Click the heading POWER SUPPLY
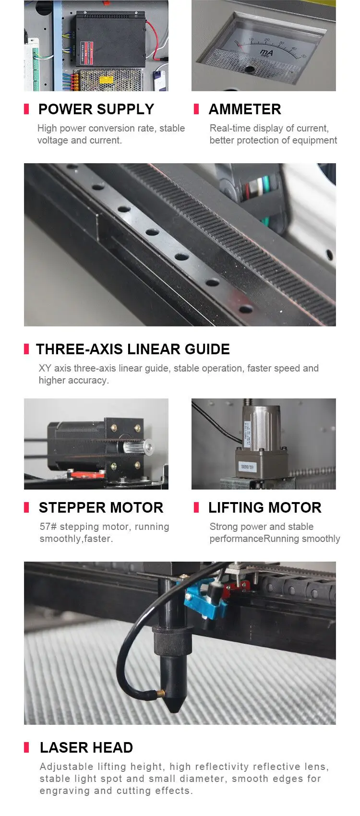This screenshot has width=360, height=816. click(96, 109)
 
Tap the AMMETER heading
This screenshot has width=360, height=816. click(245, 109)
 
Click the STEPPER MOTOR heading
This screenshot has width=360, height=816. click(101, 507)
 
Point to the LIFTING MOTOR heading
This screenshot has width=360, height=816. click(265, 507)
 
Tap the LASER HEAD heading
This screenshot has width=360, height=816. click(86, 747)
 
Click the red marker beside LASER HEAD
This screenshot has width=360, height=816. click(26, 747)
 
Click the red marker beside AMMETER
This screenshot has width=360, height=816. click(196, 109)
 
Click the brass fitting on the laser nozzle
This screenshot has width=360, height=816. click(159, 693)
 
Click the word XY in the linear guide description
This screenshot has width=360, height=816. click(45, 368)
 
